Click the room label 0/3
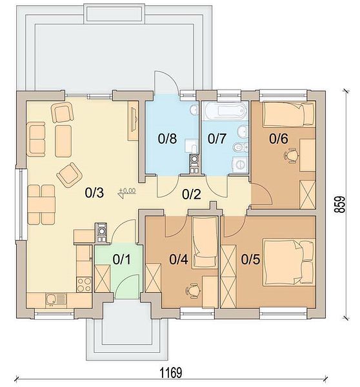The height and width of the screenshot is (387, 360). pyautogui.click(x=94, y=193)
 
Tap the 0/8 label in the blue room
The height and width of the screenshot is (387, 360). pyautogui.click(x=167, y=139)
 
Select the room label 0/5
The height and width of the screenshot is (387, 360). pyautogui.click(x=250, y=259)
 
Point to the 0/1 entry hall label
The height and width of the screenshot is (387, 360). pyautogui.click(x=122, y=259)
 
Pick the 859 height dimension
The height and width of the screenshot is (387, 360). pyautogui.click(x=340, y=204)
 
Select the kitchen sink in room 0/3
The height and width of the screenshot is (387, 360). pyautogui.click(x=56, y=301)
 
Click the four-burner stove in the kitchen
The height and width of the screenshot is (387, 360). pyautogui.click(x=85, y=284)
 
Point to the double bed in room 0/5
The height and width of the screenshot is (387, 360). pyautogui.click(x=289, y=262)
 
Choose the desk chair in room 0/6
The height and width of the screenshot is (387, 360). pyautogui.click(x=292, y=155)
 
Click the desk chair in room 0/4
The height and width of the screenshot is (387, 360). pyautogui.click(x=193, y=291)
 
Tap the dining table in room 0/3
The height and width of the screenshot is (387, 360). pyautogui.click(x=41, y=204)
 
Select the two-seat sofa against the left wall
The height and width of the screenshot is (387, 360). pyautogui.click(x=36, y=139)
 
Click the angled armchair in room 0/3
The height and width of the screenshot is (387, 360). pyautogui.click(x=70, y=175)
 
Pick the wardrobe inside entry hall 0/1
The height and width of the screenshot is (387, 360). pyautogui.click(x=103, y=279)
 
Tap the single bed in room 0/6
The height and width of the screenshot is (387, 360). pyautogui.click(x=289, y=114)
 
